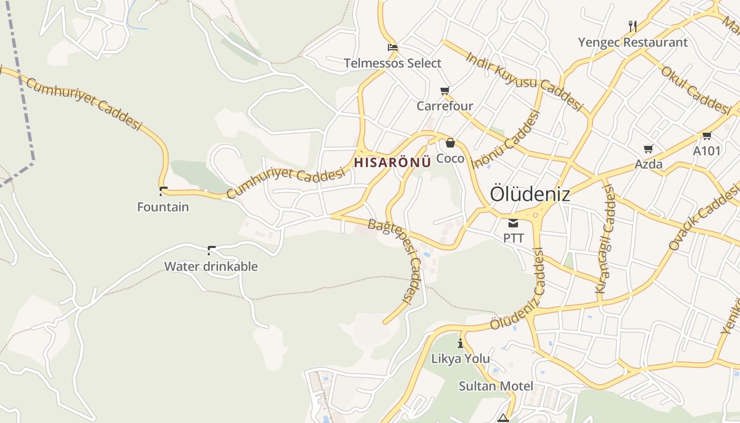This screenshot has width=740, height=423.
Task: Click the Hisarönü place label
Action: click(x=392, y=162)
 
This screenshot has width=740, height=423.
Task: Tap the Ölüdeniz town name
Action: click(x=530, y=194)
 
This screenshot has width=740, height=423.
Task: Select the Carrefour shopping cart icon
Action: click(x=445, y=91)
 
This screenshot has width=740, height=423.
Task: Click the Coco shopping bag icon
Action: click(x=450, y=143)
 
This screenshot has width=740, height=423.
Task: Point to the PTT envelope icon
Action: click(x=513, y=223)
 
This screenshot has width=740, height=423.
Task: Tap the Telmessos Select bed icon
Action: click(x=392, y=48)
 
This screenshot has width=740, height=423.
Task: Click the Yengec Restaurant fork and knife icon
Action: click(x=632, y=26)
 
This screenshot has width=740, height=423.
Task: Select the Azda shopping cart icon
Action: click(x=648, y=149)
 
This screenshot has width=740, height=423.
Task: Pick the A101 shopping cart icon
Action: click(x=707, y=135)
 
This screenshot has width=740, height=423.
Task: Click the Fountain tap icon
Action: click(x=163, y=191)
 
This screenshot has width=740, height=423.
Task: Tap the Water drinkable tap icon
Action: click(x=211, y=250)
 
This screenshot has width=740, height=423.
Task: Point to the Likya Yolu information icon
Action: click(x=460, y=343)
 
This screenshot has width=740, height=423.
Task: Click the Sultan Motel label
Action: click(x=496, y=386)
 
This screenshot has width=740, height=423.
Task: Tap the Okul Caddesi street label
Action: click(x=695, y=90)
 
